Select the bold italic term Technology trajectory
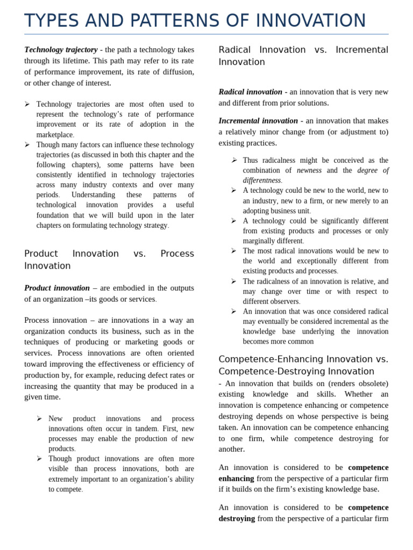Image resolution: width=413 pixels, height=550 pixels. click(x=61, y=49)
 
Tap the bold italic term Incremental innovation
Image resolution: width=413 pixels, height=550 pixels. click(x=258, y=121)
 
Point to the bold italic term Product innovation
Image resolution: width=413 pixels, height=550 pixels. click(x=57, y=288)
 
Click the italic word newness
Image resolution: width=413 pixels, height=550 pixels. click(x=309, y=170)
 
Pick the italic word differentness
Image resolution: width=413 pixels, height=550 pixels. click(x=262, y=180)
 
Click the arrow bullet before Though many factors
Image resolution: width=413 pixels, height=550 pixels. click(x=27, y=144)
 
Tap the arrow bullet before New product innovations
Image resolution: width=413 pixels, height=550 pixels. click(x=39, y=418)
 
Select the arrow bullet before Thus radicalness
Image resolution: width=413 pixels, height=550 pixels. click(x=234, y=160)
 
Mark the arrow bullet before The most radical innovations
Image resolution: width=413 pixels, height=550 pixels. click(x=234, y=251)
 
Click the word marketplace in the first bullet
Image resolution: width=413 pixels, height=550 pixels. click(x=54, y=135)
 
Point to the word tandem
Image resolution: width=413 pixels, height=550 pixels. click(x=145, y=429)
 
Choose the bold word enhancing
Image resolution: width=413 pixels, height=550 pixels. click(x=236, y=479)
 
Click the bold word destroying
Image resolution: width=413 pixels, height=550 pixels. click(x=237, y=518)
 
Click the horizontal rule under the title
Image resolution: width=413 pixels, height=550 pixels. click(x=206, y=34)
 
